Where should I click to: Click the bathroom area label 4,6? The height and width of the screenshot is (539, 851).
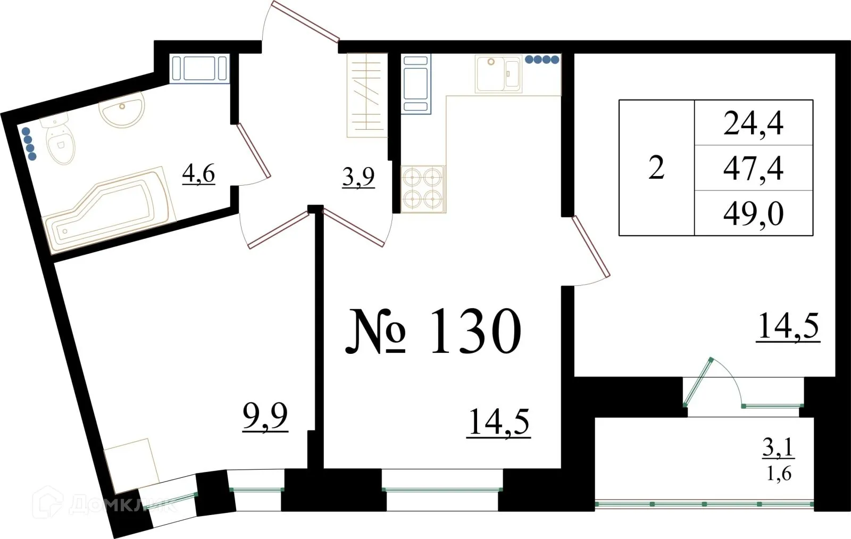coord(198,173)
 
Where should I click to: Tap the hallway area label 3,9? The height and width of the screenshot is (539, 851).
coord(358,177)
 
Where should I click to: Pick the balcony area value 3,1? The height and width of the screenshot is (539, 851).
coord(778,448)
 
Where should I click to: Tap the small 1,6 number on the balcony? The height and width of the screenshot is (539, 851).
coord(779,473)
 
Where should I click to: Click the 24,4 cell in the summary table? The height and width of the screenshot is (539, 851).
coord(753,123)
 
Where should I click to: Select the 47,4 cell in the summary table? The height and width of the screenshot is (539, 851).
coord(753,168)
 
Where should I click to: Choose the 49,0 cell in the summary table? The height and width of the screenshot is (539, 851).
coord(753,214)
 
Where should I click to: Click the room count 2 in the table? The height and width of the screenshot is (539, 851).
coord(656,168)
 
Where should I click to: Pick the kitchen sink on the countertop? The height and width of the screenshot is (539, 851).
coord(498,74)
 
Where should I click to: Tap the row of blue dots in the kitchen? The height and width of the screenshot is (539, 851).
coord(542,60)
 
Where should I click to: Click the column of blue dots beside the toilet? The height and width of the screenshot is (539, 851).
coord(29,143)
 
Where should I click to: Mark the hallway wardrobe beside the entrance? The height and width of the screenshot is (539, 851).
coord(367,96)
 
